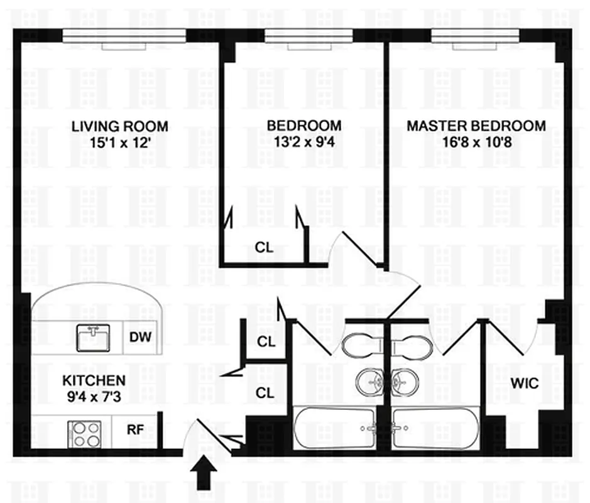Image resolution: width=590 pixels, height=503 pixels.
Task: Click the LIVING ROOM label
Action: pos(119,126)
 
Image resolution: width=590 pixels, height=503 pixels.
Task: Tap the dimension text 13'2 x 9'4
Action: pos(304,141)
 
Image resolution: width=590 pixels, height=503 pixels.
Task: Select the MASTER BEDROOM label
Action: pos(476,126)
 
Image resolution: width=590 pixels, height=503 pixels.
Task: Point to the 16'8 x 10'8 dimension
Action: pos(476,141)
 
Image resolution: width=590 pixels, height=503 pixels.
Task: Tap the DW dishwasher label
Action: pos(140,338)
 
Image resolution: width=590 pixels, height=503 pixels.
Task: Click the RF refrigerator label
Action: pos(136,431)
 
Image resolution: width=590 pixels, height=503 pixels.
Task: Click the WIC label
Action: pos(524,383)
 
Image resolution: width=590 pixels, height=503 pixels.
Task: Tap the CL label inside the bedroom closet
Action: pos(265,247)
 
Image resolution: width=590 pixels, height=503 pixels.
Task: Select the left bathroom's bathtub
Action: pos(335,428)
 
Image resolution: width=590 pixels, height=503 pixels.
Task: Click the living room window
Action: pos(125,38)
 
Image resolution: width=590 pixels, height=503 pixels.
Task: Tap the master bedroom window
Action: pos(476,38)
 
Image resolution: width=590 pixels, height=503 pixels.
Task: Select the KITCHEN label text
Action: pos(94,380)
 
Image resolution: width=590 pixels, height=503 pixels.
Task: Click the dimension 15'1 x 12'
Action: pos(119,142)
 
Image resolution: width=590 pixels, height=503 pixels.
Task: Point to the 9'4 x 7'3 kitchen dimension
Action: pos(94,396)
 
